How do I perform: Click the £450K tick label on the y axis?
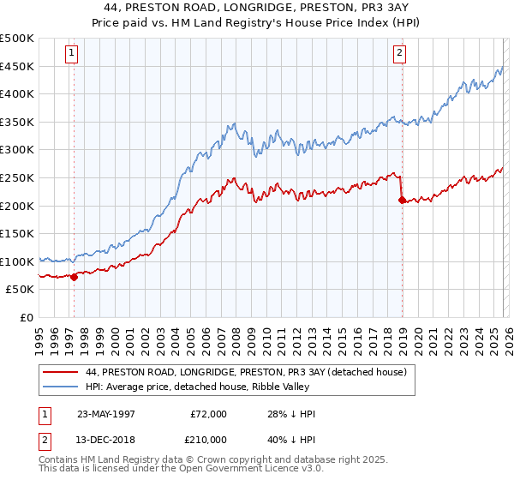tap(16, 66)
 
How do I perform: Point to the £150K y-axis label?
tap(16, 233)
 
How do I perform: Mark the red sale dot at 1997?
tap(75, 277)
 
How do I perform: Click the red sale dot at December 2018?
tap(401, 200)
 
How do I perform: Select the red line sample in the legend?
tap(60, 371)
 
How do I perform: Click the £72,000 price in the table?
tap(208, 414)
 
